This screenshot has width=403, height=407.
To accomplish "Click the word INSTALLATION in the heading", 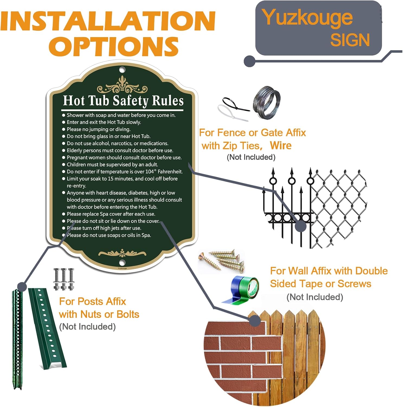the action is click(x=108, y=21).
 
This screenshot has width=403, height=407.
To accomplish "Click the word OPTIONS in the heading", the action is click(x=114, y=46).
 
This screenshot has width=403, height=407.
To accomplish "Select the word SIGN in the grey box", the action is click(x=350, y=40).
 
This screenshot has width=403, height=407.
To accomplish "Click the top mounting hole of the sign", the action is click(x=122, y=70).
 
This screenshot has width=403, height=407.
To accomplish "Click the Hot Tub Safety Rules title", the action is click(x=123, y=101).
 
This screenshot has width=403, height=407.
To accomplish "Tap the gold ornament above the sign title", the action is click(x=122, y=86).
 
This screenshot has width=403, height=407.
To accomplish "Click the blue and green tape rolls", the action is click(x=241, y=290).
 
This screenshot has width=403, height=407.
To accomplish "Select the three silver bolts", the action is click(x=64, y=279).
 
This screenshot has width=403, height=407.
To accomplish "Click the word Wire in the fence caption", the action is click(x=281, y=146).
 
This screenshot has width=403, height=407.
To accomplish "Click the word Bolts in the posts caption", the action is click(x=128, y=314).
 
